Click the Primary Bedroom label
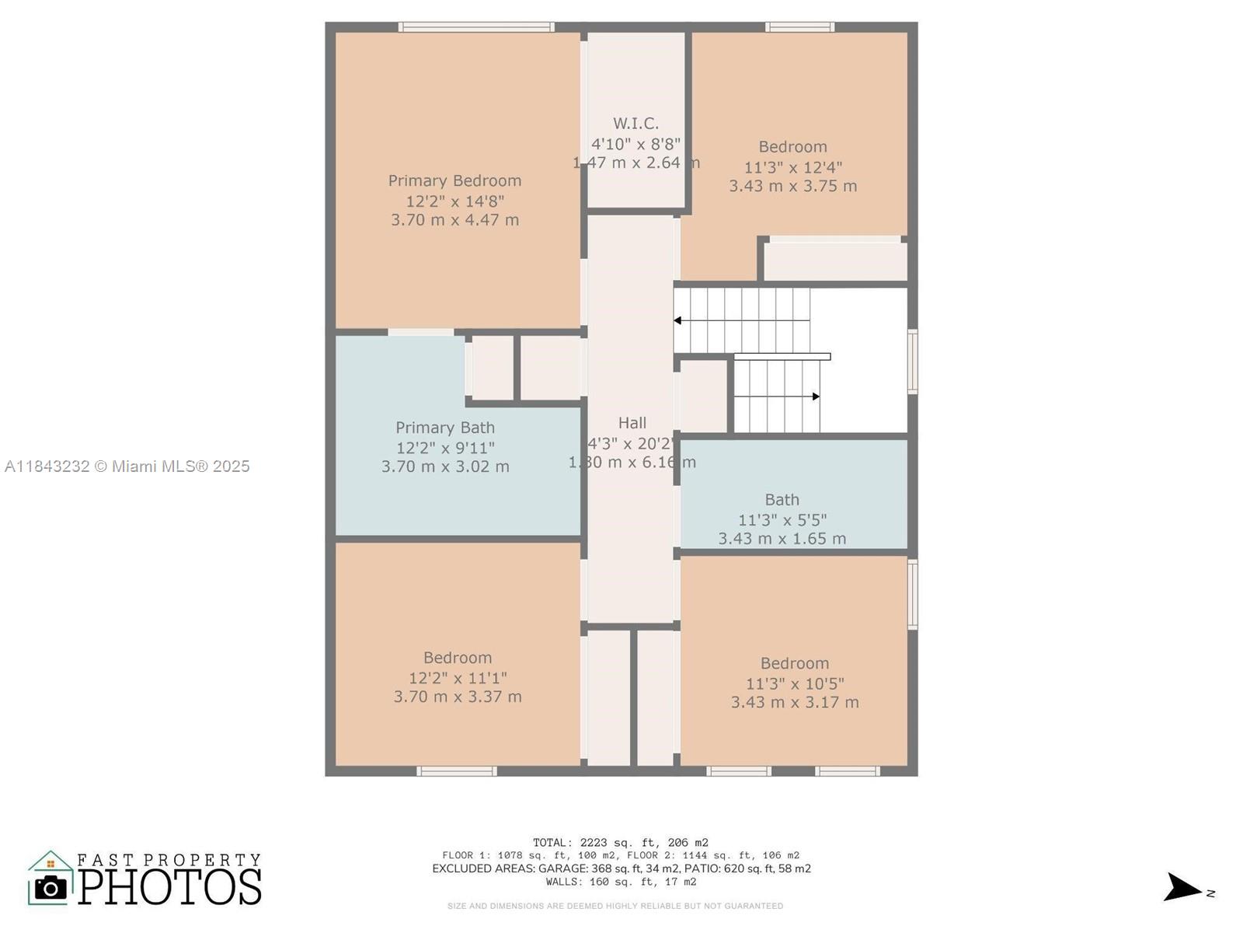[x=454, y=180]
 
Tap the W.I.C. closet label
[x=635, y=124]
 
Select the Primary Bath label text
[x=445, y=428]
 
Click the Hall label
[x=632, y=423]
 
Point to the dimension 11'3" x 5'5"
[x=782, y=519]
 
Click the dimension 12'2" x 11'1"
[x=458, y=678]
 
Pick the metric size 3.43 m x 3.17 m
[x=795, y=702]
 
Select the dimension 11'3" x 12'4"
[x=793, y=167]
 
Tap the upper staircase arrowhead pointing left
[x=678, y=320]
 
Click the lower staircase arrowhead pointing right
[x=816, y=397]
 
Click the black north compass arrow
[x=1182, y=887]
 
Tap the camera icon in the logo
[x=51, y=887]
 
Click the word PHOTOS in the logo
[x=169, y=886]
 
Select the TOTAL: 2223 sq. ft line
[x=621, y=842]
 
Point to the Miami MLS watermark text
[x=127, y=466]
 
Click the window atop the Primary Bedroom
[x=476, y=27]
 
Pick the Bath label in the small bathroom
[x=782, y=500]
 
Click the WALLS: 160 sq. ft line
[x=621, y=882]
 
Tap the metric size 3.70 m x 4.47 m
[x=454, y=220]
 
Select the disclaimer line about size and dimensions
[x=615, y=906]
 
